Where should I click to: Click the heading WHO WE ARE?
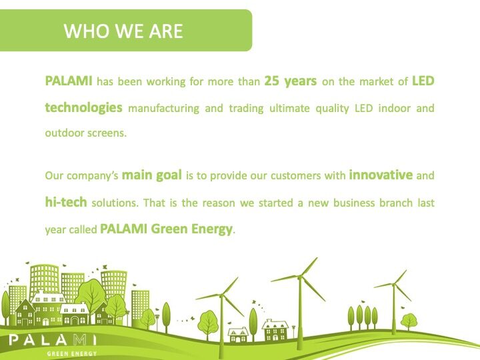click(x=123, y=31)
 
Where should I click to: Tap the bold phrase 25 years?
click(x=291, y=81)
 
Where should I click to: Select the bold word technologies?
click(x=83, y=108)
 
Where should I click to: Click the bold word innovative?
click(x=381, y=175)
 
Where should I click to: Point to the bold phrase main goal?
click(x=152, y=175)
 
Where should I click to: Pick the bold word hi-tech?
click(x=66, y=202)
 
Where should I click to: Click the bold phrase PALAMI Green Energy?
click(x=166, y=229)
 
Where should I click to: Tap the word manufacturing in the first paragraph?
click(x=163, y=109)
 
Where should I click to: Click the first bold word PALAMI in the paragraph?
click(x=69, y=81)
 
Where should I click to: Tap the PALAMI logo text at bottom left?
click(x=53, y=340)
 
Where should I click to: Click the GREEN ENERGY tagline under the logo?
click(x=72, y=354)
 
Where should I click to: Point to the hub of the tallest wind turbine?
click(x=299, y=277)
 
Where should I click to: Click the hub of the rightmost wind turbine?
click(x=394, y=285)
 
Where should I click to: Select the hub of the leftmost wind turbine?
click(x=222, y=295)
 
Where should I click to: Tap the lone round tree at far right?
click(x=409, y=321)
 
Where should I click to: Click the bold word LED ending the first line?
click(x=423, y=81)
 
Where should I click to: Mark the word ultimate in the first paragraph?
click(x=289, y=109)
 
